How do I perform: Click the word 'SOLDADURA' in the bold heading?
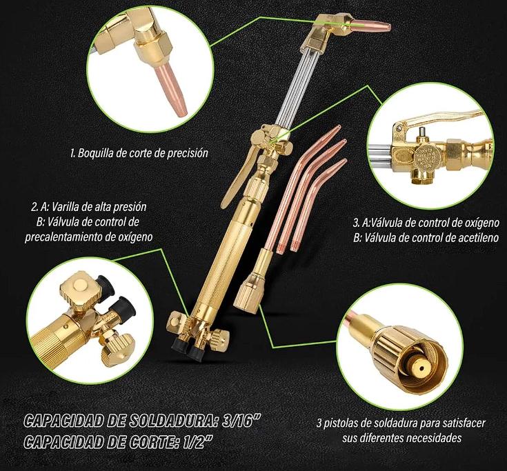tap(167, 420)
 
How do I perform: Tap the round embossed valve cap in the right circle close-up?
tap(426, 154)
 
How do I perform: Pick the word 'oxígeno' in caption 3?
tap(482, 223)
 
